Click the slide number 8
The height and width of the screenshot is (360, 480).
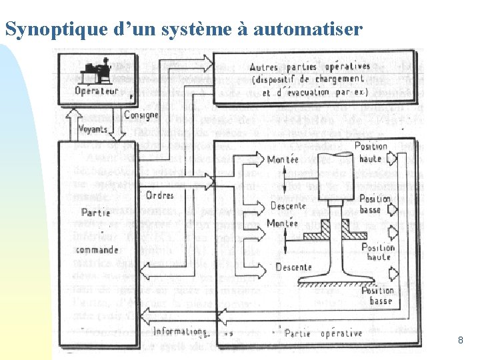pyautogui.click(x=461, y=341)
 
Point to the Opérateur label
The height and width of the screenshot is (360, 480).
pyautogui.click(x=97, y=91)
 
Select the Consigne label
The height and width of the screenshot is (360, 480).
pyautogui.click(x=141, y=115)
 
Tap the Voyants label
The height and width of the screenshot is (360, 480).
pyautogui.click(x=93, y=129)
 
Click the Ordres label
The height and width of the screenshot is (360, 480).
pyautogui.click(x=159, y=195)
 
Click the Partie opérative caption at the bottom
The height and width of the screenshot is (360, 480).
pyautogui.click(x=323, y=333)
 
